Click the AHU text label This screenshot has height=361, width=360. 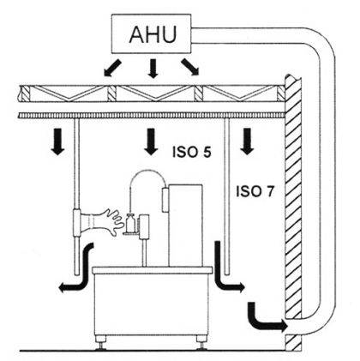(x=153, y=34)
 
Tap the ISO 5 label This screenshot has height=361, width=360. (x=192, y=152)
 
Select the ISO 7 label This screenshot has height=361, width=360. (x=255, y=191)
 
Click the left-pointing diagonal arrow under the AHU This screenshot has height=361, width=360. (x=112, y=68)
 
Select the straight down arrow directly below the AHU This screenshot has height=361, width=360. (x=153, y=69)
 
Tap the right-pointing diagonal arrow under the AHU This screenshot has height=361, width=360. (x=190, y=67)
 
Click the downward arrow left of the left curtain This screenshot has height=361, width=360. (x=58, y=141)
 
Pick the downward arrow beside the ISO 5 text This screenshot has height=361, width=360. (x=151, y=141)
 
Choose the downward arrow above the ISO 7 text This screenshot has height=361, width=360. (x=247, y=141)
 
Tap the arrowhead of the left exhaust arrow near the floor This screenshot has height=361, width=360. (x=63, y=289)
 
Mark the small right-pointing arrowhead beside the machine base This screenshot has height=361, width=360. (x=241, y=287)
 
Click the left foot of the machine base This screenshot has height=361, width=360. (x=101, y=342)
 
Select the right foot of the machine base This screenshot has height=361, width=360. (x=202, y=342)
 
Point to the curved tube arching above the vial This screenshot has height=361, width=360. (x=147, y=171)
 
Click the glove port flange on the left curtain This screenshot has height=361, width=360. (x=76, y=223)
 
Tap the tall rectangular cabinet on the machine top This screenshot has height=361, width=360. (x=185, y=226)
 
